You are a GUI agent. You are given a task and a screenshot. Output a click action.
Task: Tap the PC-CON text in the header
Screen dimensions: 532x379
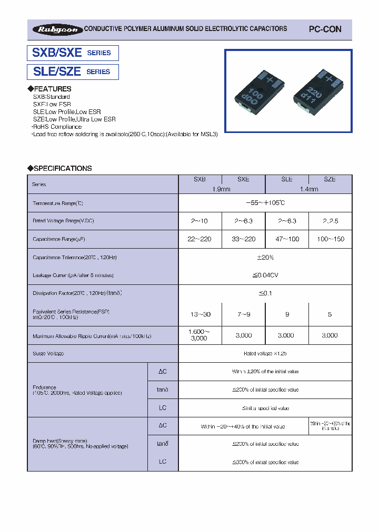[324, 29]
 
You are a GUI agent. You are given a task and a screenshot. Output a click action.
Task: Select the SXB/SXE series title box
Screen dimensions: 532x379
[73, 53]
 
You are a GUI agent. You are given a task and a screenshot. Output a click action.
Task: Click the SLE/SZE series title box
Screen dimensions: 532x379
[73, 71]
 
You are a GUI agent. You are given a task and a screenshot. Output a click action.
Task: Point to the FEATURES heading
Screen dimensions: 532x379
[49, 89]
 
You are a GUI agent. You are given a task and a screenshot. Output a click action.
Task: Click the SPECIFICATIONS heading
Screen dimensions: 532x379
[59, 168]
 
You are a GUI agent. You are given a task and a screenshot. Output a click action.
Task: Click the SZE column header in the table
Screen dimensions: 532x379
[330, 179]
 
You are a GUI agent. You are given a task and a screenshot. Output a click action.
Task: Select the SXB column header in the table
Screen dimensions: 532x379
[200, 179]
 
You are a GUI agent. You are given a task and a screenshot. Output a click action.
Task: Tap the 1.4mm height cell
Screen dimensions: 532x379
[308, 189]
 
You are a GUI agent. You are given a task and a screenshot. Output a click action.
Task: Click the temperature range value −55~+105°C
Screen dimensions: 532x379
[265, 202]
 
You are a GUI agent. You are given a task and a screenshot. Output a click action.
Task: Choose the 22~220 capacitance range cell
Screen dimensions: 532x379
[200, 239]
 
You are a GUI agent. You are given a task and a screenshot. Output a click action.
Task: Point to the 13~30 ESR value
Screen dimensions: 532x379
[200, 314]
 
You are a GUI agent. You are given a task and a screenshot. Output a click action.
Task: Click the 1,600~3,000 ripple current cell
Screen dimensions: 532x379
[200, 335]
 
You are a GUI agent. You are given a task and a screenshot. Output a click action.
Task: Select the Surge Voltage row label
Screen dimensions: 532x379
[48, 353]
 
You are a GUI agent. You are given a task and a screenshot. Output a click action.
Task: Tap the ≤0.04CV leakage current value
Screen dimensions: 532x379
[265, 275]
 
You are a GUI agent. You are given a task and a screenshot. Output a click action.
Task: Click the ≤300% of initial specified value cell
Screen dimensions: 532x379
[265, 462]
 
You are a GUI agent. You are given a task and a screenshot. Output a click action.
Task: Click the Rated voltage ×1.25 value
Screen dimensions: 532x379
[265, 353]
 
